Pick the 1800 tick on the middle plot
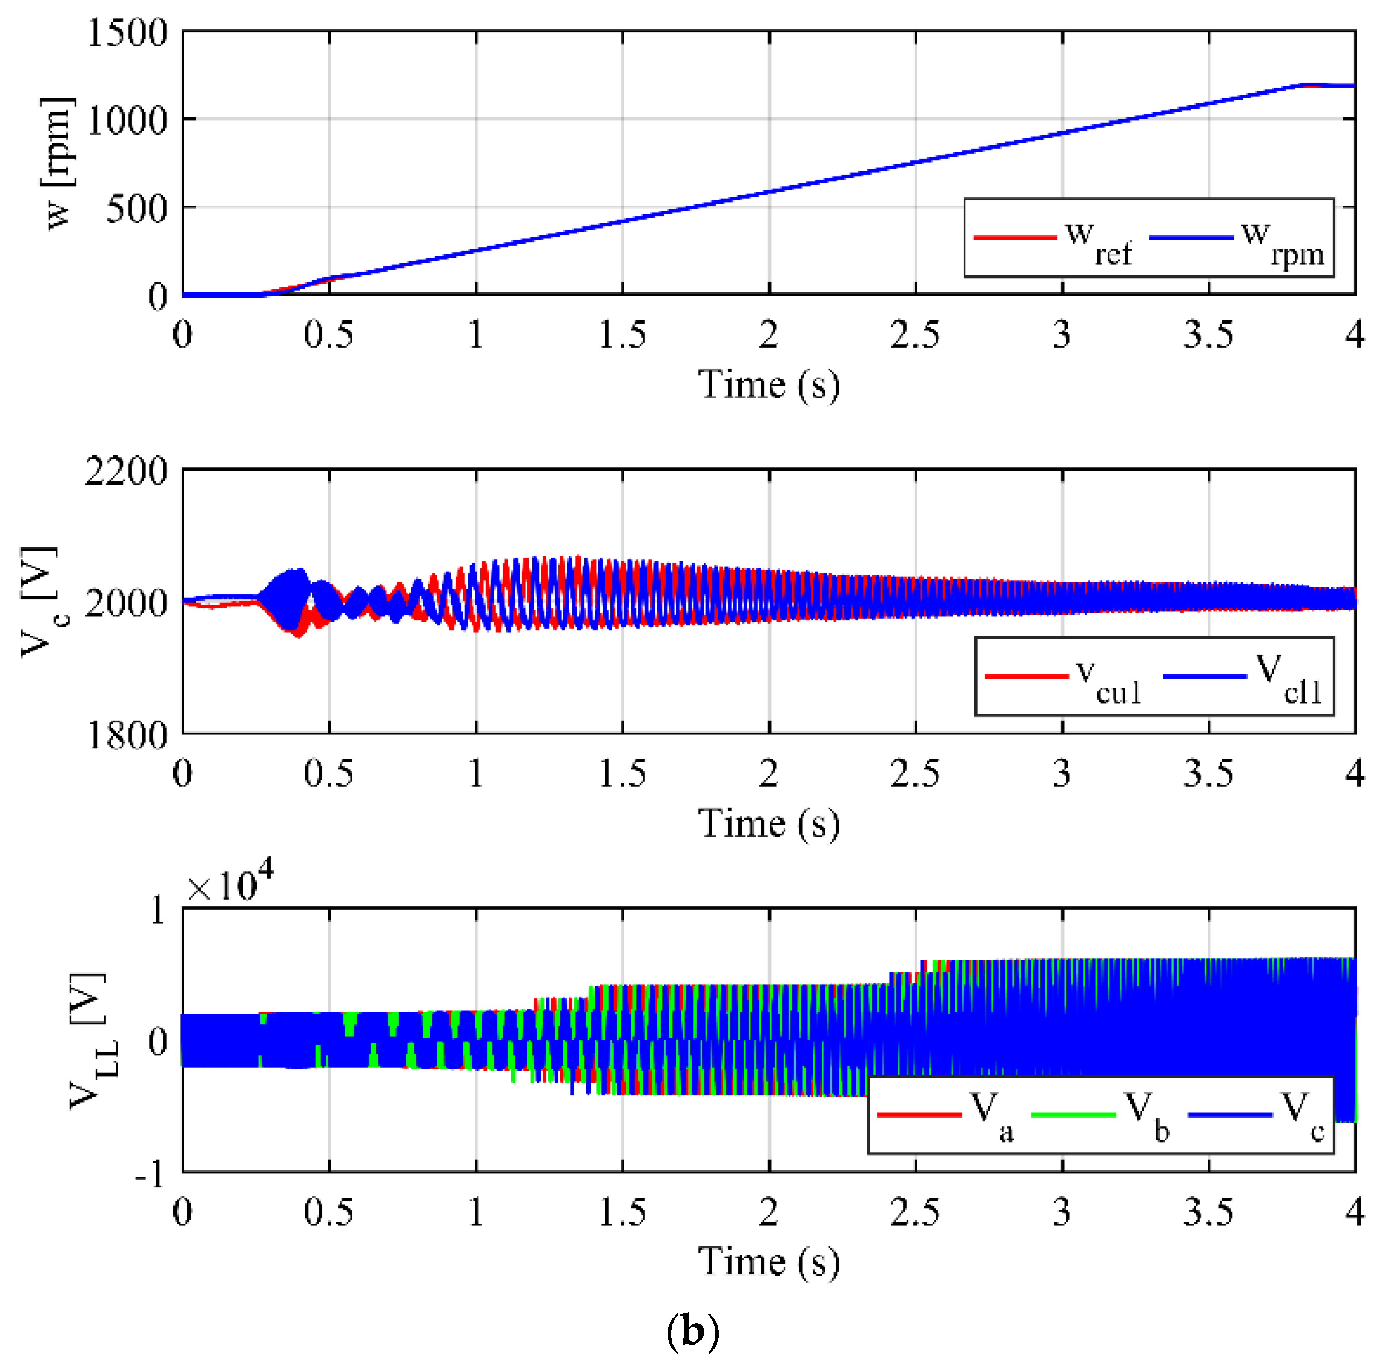126,734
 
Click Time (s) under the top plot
769,385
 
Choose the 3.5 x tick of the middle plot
1208,774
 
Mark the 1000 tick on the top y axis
126,120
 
